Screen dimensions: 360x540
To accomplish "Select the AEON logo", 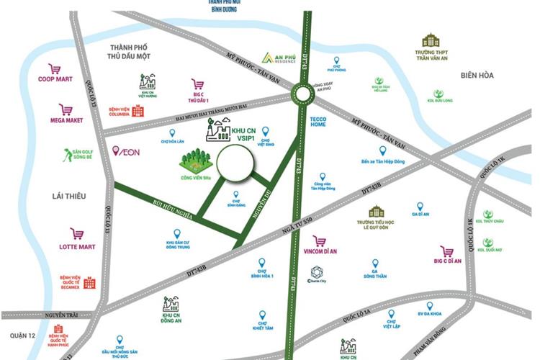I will pos(127,150).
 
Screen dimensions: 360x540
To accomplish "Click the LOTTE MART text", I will pos(77,247).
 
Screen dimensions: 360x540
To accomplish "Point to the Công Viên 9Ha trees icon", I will pos(194,160).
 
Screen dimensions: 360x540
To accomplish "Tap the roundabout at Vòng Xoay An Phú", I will pos(302,94).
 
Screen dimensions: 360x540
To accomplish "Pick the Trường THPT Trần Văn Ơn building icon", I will pos(431,40).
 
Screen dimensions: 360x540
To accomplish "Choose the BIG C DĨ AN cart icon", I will pos(447,251).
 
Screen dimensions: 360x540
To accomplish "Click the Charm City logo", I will pos(318,272).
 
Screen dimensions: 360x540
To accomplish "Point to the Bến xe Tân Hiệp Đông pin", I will pos(382,150).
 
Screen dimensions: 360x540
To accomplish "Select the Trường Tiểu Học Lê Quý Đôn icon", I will pos(376,212).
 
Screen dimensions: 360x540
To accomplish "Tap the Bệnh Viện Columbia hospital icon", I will pos(137,111).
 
